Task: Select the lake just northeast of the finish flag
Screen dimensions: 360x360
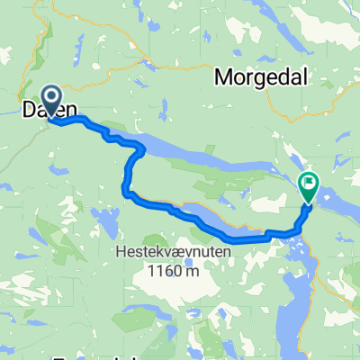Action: (x=327, y=193)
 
